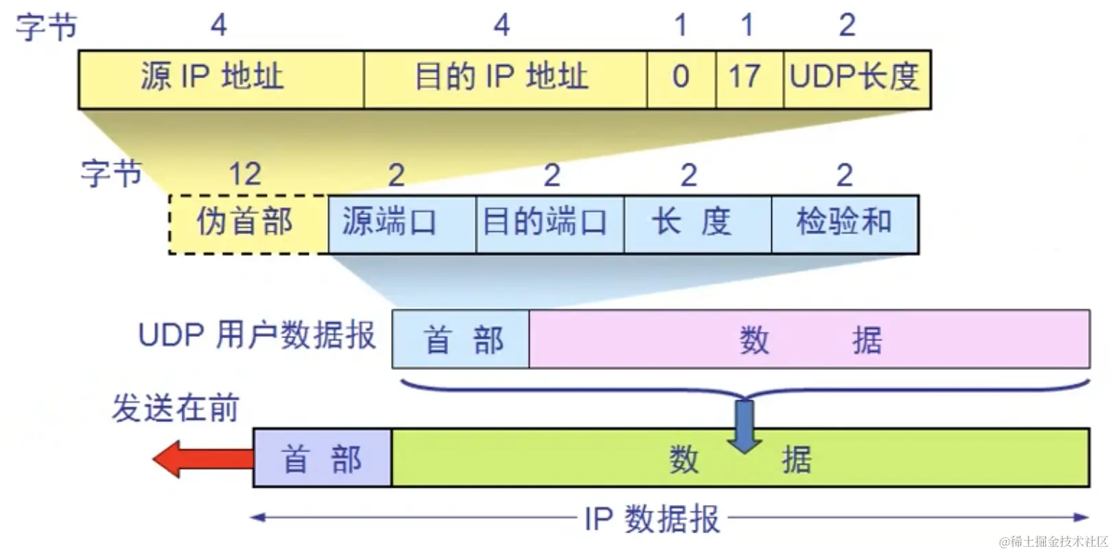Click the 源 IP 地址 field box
tap(221, 79)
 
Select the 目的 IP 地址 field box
tap(505, 79)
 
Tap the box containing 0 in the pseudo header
tap(681, 79)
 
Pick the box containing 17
tap(749, 79)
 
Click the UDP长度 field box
tap(856, 79)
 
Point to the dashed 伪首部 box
tap(248, 224)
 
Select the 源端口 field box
tap(401, 224)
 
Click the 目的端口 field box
tap(549, 224)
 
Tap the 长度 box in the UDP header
tap(697, 224)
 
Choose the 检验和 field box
tap(845, 224)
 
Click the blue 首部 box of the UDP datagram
tap(460, 340)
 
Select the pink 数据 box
tap(810, 340)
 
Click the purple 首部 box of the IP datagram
tap(322, 458)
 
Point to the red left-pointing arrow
tap(202, 458)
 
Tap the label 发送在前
tap(175, 408)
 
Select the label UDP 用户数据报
tap(257, 336)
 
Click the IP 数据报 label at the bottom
tap(652, 519)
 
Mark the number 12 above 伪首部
tap(245, 174)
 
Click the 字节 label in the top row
tap(46, 26)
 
